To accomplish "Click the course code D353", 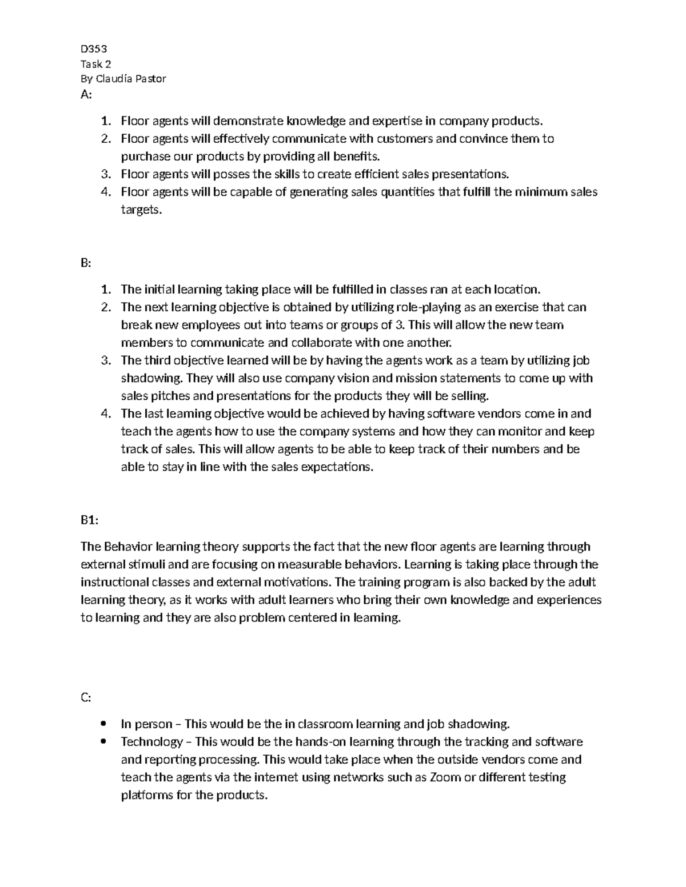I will coord(93,49).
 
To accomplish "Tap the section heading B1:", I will coord(89,520).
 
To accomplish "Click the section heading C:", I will coord(86,698).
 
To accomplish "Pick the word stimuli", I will coord(145,564).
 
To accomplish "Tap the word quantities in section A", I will coord(408,192).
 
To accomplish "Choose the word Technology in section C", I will coord(151,742).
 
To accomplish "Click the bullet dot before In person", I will coord(103,724).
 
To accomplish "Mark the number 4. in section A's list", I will coord(105,192).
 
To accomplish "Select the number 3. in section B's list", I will coord(105,360).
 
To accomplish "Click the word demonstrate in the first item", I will coord(249,121).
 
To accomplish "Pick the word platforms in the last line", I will coord(147,795).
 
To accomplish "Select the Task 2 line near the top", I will coord(95,64).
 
